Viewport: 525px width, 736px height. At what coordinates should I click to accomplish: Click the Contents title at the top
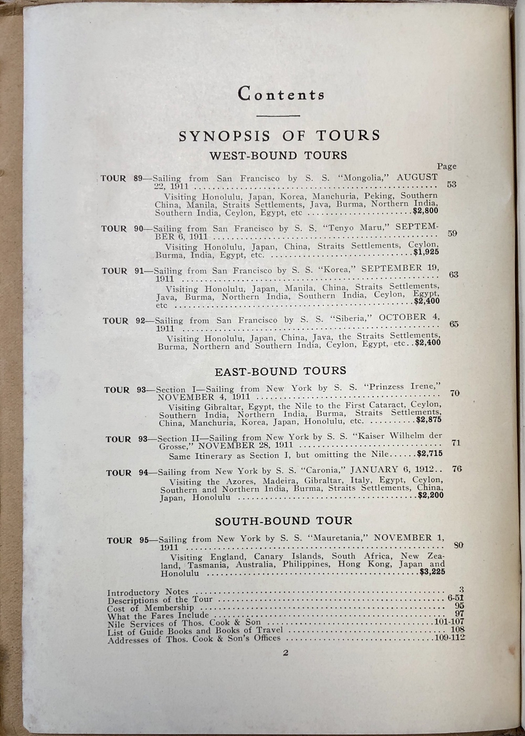point(281,94)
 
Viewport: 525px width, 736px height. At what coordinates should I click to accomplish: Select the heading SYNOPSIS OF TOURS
point(279,136)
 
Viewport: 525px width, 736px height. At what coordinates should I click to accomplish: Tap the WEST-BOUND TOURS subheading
point(278,156)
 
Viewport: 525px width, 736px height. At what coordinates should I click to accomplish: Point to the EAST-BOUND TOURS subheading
point(280,371)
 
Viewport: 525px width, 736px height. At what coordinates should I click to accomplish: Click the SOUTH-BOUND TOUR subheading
point(283,521)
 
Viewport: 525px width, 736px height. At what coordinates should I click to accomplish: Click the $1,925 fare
point(426,252)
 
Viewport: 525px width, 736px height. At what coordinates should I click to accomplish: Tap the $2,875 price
point(428,420)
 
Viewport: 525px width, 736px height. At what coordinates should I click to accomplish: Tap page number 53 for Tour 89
point(451,185)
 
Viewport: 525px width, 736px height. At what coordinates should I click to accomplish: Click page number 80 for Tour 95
point(458,545)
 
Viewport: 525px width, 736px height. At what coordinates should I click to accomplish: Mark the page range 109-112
point(450,638)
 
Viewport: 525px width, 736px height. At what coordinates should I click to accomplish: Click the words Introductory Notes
point(148,592)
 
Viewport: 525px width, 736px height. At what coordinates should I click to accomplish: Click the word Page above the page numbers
point(447,167)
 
